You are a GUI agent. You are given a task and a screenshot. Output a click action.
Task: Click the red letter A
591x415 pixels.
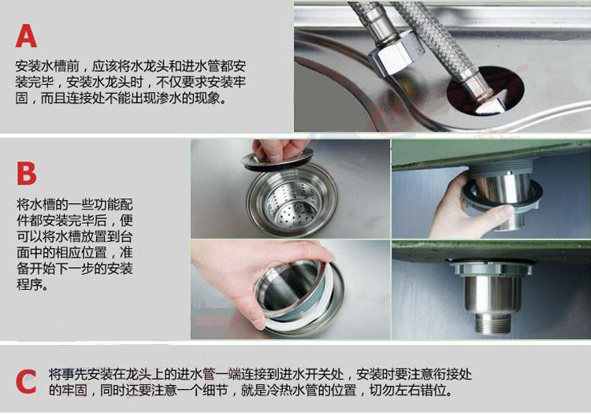click(26, 35)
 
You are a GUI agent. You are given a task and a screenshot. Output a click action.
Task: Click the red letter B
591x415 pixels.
click(26, 173)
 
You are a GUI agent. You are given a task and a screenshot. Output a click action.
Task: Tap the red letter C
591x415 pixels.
click(26, 382)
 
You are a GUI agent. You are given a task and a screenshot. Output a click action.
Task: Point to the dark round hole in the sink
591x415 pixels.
click(485, 91)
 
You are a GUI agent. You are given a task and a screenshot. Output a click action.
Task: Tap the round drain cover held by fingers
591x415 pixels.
click(278, 159)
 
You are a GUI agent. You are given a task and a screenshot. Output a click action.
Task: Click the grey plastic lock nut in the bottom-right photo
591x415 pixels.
click(491, 268)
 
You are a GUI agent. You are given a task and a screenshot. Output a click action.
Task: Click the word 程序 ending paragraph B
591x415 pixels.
click(29, 284)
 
